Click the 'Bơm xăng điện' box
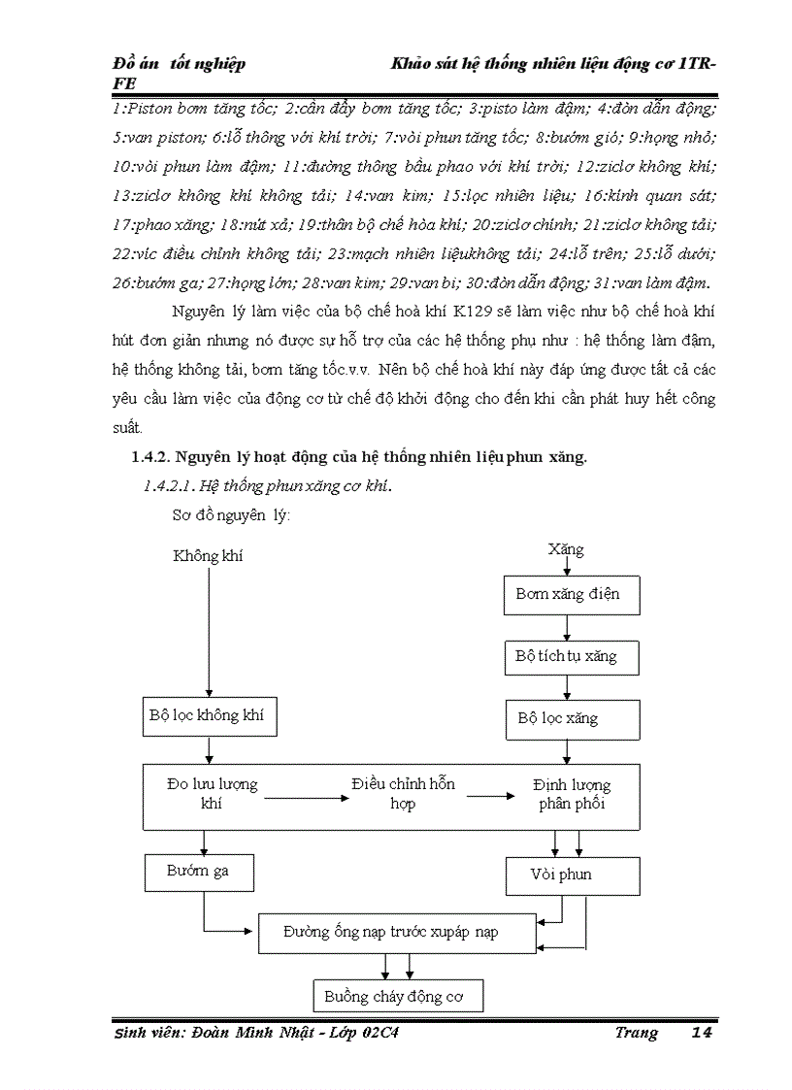pyautogui.click(x=572, y=594)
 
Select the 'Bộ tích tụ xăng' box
pyautogui.click(x=572, y=656)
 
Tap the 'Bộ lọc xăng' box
pyautogui.click(x=572, y=719)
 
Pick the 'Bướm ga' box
pyautogui.click(x=199, y=872)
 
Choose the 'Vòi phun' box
pyautogui.click(x=572, y=875)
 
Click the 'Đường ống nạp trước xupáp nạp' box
pyautogui.click(x=395, y=933)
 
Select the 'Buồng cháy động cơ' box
pyautogui.click(x=398, y=996)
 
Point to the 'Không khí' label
pyautogui.click(x=208, y=555)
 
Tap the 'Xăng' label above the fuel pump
pyautogui.click(x=566, y=549)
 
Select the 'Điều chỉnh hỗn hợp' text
pyautogui.click(x=404, y=794)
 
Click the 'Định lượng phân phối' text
pyautogui.click(x=572, y=795)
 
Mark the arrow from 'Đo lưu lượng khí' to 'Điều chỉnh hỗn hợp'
pyautogui.click(x=305, y=798)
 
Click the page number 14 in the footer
pyautogui.click(x=702, y=1033)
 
